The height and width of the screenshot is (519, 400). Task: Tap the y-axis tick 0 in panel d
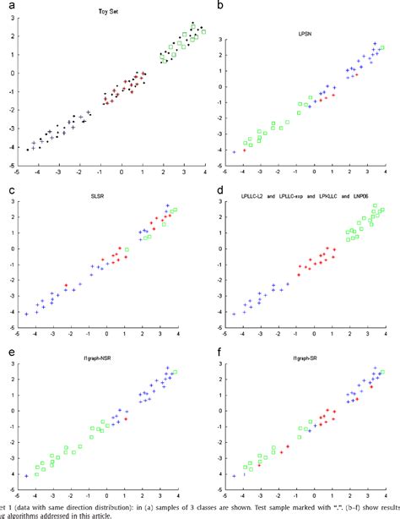[x=218, y=255]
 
